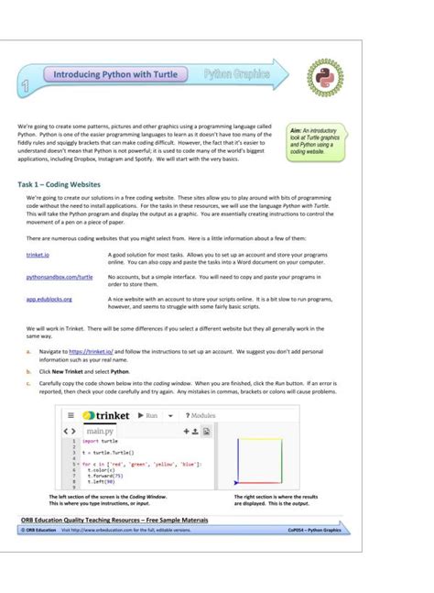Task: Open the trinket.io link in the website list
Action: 38,252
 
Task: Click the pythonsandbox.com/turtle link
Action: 60,276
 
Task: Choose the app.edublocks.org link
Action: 49,299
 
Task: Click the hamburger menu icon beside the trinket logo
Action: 70,415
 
